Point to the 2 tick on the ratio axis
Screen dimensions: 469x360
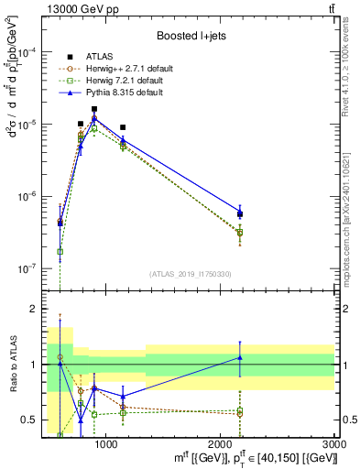pos(35,309)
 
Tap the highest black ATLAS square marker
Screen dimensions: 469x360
pos(93,109)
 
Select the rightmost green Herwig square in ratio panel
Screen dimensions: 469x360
pos(240,410)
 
